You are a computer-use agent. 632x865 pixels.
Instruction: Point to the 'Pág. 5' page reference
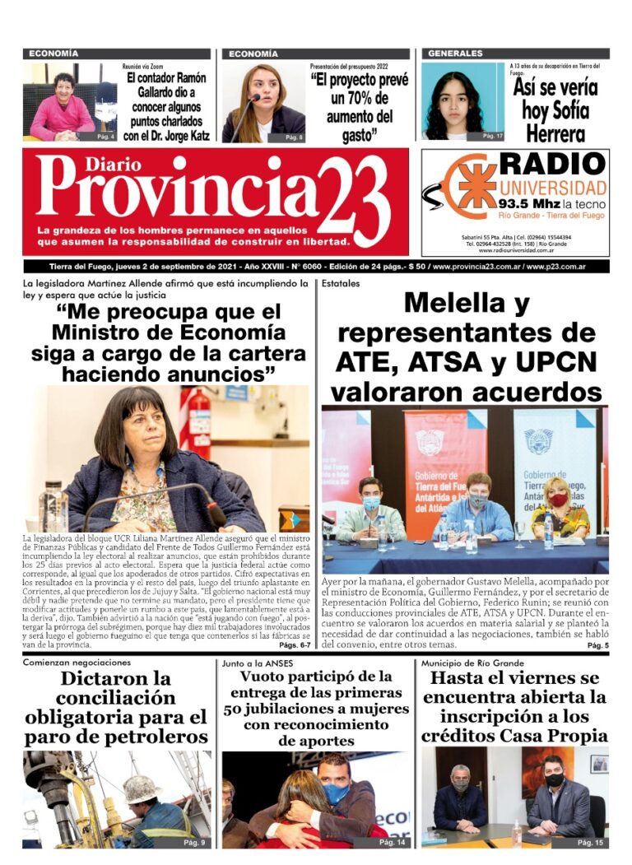tap(598, 646)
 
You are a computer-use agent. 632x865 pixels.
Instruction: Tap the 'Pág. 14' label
tap(393, 842)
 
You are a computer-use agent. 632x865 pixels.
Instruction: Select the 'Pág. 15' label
tap(590, 842)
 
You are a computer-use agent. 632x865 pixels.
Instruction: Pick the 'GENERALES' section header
tap(455, 53)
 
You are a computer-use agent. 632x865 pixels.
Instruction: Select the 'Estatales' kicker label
tap(340, 284)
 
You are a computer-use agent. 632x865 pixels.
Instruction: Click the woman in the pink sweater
tap(63, 111)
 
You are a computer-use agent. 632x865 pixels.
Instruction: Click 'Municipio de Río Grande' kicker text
tap(472, 663)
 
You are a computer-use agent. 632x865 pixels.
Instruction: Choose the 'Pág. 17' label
tap(492, 136)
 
